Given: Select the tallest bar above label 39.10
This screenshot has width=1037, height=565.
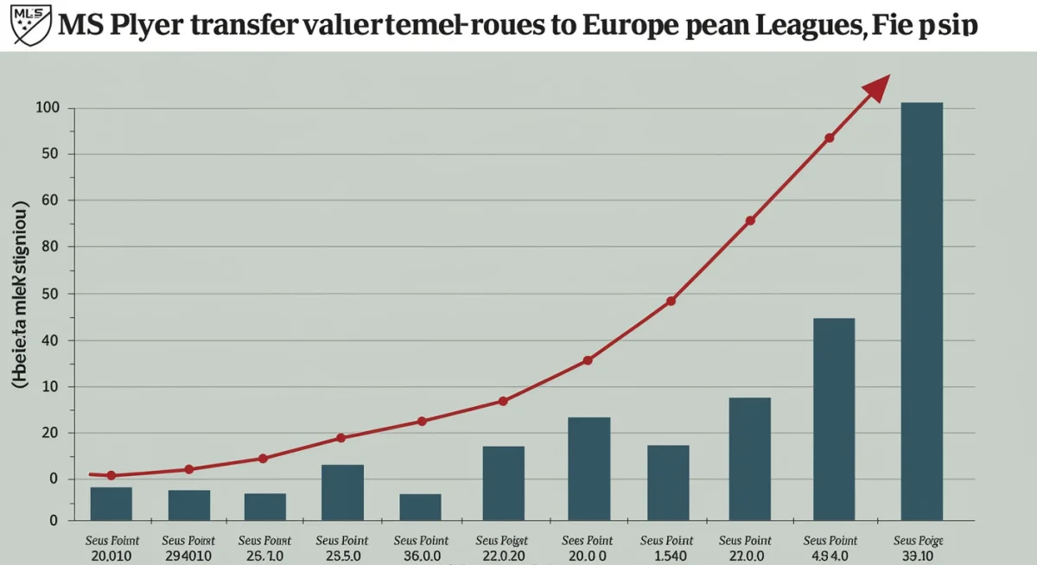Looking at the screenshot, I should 921,311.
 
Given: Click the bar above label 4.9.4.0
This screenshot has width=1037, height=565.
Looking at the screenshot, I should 834,419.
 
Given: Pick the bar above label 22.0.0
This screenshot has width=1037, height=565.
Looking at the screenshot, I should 749,459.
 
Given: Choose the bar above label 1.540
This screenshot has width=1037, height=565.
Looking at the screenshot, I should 668,482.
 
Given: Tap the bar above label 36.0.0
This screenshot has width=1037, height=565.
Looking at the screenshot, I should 420,506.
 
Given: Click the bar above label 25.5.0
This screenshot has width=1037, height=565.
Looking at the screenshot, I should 342,492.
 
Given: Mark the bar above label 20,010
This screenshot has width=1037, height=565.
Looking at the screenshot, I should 111,504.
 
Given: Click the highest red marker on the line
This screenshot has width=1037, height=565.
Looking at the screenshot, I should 830,138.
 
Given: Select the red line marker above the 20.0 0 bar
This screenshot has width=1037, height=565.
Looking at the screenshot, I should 588,360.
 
